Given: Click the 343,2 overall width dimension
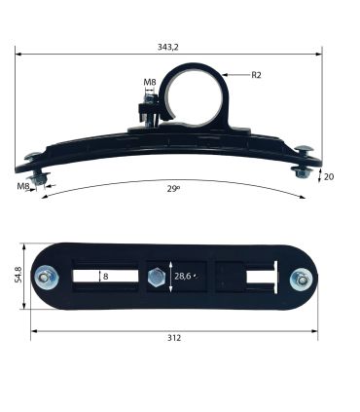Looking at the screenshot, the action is (x=168, y=48).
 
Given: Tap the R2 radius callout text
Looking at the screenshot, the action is (x=256, y=75).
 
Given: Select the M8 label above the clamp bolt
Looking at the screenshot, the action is (x=150, y=82).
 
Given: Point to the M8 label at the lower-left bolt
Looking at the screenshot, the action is (x=23, y=186).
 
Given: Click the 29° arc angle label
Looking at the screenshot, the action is (x=173, y=189).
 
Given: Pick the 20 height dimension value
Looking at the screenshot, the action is (x=329, y=177).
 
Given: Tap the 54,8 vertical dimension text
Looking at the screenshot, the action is (x=18, y=275).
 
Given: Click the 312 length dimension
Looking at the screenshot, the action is (x=174, y=338).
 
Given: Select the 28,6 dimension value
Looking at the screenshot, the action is (x=183, y=277).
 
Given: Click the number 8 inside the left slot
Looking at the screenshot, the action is (x=105, y=277).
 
